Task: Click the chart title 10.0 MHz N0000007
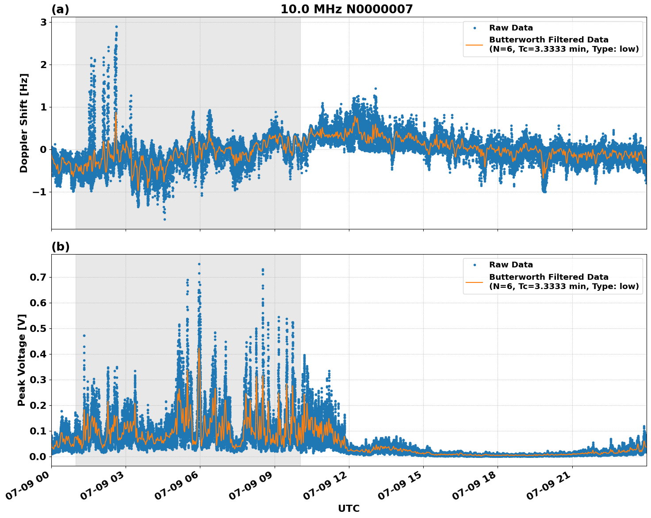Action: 346,9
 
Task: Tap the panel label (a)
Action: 60,9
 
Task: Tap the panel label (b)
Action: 60,247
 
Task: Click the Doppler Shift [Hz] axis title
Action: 24,123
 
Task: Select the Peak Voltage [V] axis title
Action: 22,360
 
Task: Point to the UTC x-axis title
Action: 348,508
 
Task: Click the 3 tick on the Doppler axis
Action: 43,22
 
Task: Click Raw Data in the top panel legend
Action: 511,28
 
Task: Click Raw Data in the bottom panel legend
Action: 511,265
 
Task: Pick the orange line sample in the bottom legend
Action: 474,282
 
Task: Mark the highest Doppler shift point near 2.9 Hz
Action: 116,27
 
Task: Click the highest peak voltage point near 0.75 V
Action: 199,264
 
